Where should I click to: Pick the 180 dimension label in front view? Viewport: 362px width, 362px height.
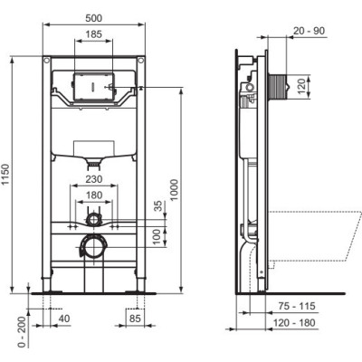94,195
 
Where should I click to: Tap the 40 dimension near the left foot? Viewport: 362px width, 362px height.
63,318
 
